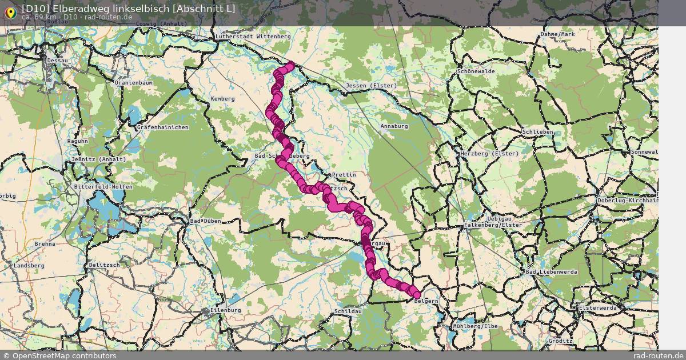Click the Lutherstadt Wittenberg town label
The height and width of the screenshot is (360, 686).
[x=253, y=37]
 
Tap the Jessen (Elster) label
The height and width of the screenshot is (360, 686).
[x=371, y=86]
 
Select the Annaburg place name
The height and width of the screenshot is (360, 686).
[x=394, y=126]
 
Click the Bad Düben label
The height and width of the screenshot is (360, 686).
[x=205, y=221]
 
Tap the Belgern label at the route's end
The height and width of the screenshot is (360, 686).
[x=426, y=301]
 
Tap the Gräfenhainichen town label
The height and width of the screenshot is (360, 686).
[x=162, y=127]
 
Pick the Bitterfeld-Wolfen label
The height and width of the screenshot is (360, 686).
[x=103, y=187]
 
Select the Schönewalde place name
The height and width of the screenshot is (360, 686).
[x=476, y=71]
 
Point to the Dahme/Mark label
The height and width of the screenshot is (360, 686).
[x=557, y=34]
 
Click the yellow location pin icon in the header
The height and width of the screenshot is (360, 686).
[x=10, y=11]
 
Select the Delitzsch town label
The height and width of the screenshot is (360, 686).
[x=104, y=265]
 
